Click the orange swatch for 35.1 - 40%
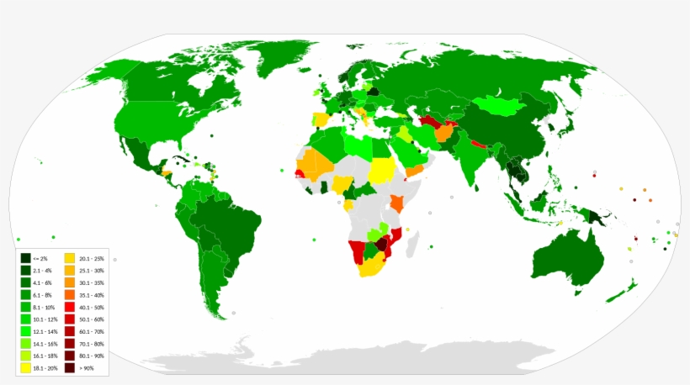tap(72, 295)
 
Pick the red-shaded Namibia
tap(358, 251)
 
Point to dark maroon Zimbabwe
tap(383, 245)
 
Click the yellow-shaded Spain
tap(321, 119)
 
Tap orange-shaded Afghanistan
tap(445, 133)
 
